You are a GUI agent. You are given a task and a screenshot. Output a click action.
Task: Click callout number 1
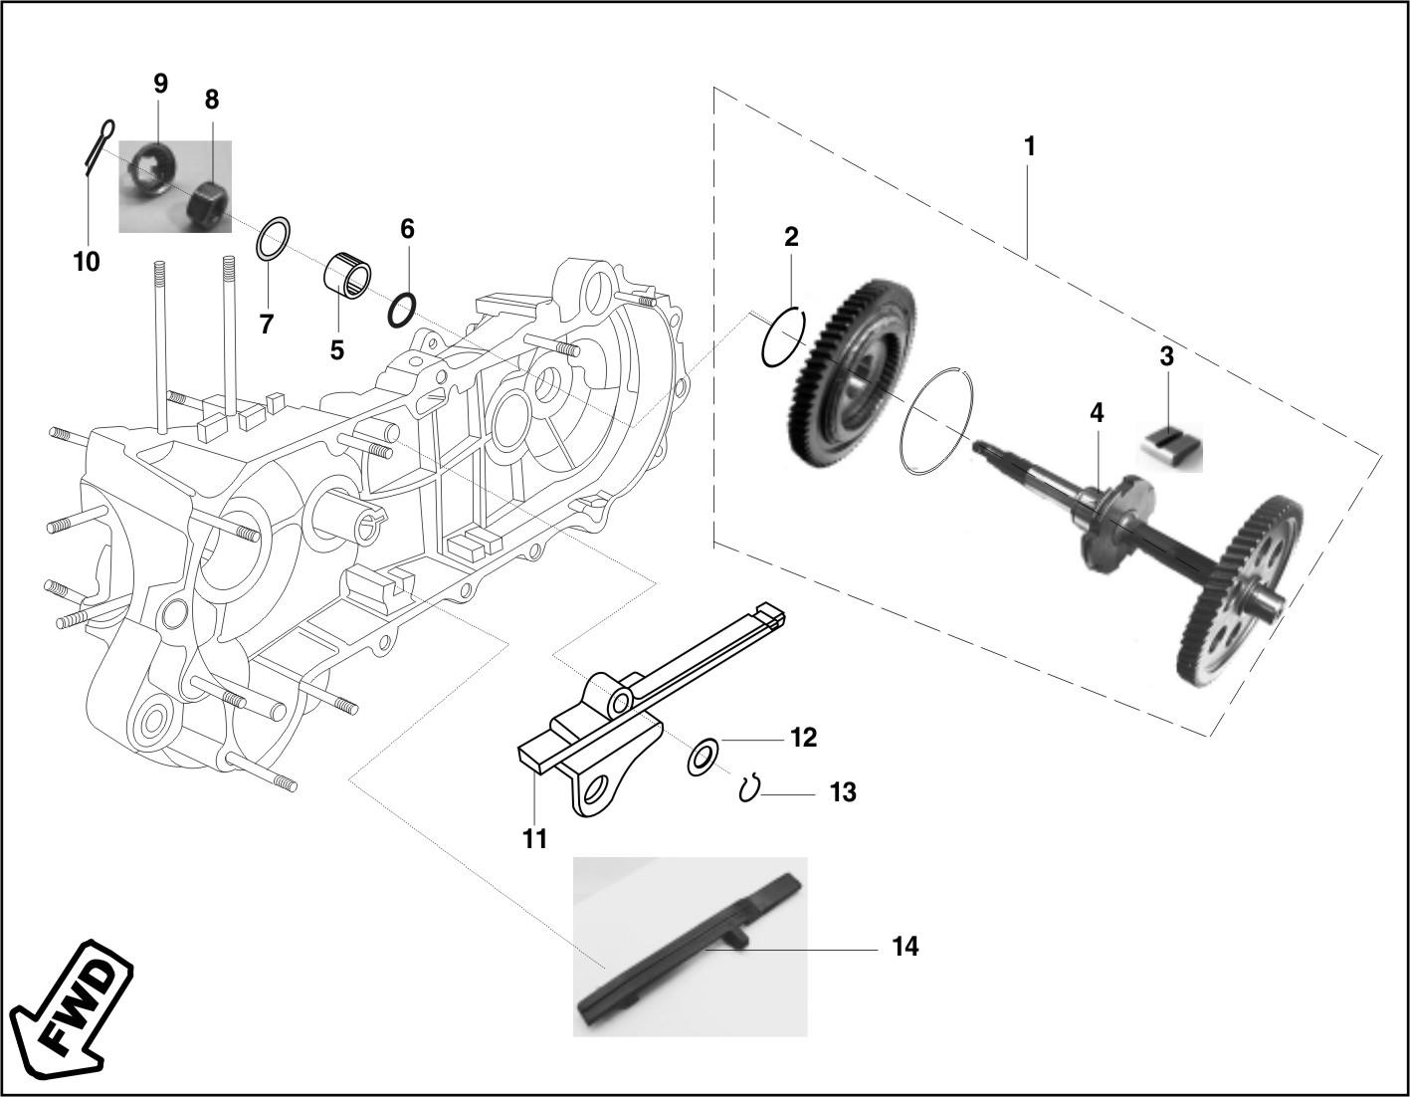coord(1029,148)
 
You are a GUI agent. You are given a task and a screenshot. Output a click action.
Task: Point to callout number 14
coord(906,948)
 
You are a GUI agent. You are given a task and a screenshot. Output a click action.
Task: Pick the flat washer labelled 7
coord(274,238)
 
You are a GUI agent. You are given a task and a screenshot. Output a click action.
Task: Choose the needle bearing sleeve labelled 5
coord(347,277)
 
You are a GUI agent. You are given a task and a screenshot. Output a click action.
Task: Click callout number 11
coord(535,838)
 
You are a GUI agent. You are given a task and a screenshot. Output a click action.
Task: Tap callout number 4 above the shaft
coord(1097,413)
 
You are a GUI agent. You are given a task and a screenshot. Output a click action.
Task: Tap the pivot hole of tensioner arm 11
coord(621,701)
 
